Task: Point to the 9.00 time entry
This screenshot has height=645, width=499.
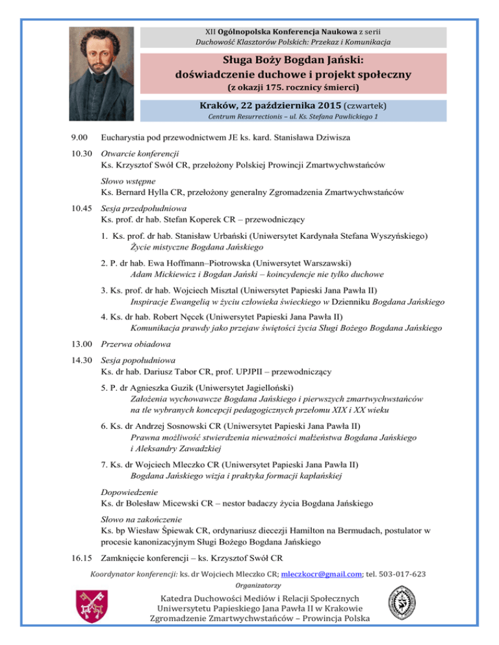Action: [81, 138]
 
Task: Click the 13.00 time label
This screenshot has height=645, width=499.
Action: [83, 343]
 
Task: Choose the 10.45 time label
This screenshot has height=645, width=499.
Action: [83, 209]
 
